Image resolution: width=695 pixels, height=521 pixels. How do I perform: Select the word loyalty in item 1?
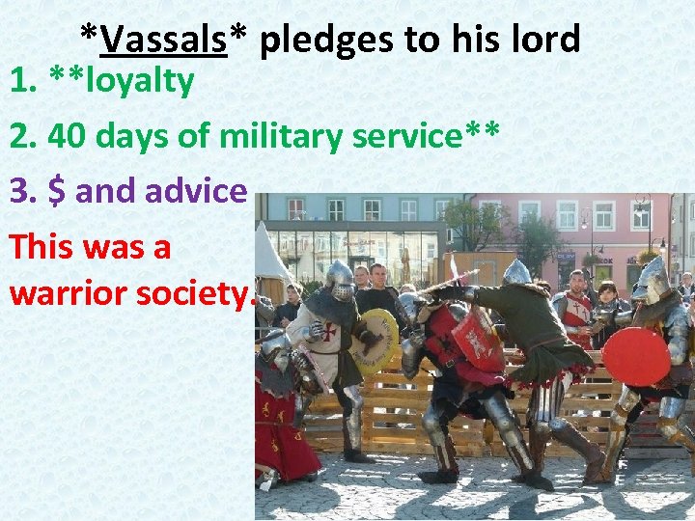point(140,82)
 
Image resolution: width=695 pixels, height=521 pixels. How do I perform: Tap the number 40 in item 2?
point(65,137)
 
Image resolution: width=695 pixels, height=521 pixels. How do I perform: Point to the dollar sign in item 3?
point(57,191)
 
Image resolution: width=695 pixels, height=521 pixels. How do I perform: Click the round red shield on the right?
point(635,356)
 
